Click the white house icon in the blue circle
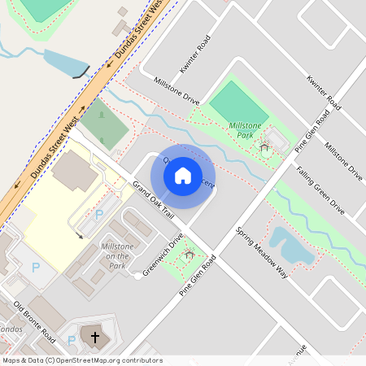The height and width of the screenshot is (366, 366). tap(183, 175)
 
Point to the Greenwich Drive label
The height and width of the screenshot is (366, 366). tap(163, 255)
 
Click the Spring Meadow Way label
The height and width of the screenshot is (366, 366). tap(262, 253)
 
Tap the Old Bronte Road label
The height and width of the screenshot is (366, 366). tap(34, 321)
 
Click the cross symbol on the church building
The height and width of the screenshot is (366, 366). tap(94, 337)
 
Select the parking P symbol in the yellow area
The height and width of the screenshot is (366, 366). tap(99, 215)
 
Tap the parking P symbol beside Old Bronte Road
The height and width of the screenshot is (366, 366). tap(35, 267)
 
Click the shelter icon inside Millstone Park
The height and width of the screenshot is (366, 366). tap(264, 147)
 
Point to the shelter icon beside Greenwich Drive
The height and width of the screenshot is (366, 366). tap(190, 255)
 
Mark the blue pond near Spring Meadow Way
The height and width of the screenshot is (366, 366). tap(292, 246)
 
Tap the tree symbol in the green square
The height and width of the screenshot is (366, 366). tap(102, 115)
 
